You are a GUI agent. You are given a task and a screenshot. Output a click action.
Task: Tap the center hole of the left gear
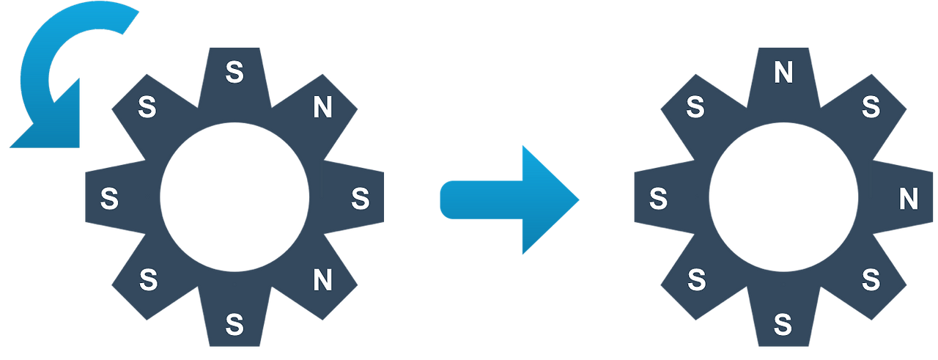point(234,198)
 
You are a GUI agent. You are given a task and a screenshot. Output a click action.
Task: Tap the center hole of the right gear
point(783,198)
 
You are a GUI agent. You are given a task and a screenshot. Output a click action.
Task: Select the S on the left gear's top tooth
point(234,72)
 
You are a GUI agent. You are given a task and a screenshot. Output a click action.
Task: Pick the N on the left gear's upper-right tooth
point(322,109)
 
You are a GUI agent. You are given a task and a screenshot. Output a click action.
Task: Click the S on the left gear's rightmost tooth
point(360,198)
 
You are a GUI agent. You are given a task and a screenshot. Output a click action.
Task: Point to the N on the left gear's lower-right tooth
point(322,279)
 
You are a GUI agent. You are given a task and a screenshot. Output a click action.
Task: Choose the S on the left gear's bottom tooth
point(234,323)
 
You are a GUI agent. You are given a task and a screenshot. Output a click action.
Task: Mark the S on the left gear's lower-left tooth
point(148,279)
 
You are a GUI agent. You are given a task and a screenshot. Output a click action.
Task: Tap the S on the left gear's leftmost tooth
point(109,198)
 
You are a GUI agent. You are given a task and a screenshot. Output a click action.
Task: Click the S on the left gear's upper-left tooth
point(148,109)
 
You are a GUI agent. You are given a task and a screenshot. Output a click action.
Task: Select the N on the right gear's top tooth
point(783,72)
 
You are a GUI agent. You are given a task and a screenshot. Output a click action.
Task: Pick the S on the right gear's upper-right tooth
point(871,109)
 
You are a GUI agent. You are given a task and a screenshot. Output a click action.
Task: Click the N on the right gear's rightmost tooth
point(909,198)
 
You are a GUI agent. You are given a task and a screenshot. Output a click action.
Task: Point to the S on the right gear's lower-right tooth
point(871,279)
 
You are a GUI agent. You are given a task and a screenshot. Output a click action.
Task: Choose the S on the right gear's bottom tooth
point(783,323)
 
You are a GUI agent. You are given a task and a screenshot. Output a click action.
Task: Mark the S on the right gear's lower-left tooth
point(696,279)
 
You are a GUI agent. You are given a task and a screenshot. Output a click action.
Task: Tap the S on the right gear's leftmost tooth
point(658,198)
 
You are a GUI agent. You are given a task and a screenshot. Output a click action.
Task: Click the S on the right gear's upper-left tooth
point(696,109)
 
